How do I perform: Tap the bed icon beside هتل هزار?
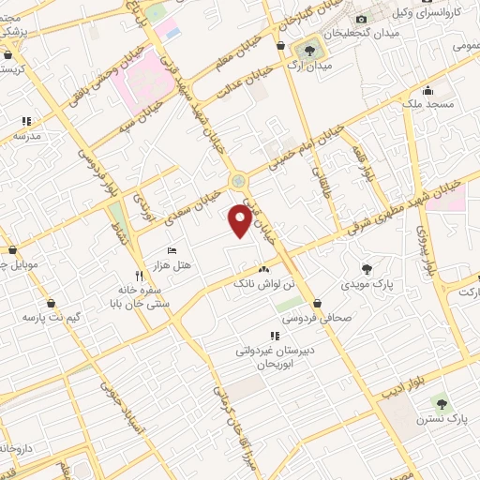click(171, 250)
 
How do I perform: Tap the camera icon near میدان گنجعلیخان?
click(361, 19)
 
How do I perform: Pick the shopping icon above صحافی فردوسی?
click(320, 304)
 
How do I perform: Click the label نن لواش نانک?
click(268, 282)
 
